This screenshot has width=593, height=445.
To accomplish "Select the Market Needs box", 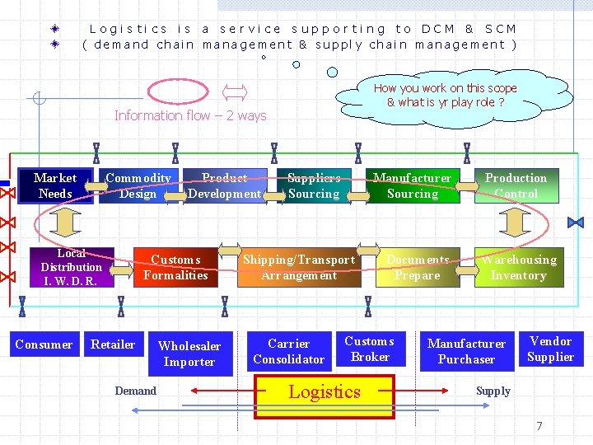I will [55, 185].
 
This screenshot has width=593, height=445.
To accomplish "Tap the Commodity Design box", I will [138, 185].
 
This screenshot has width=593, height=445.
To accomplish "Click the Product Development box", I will [224, 185].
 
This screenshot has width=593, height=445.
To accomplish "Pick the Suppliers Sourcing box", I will [314, 185].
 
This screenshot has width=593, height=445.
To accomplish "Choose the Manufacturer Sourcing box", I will [413, 185].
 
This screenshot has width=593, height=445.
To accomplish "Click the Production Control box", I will [516, 185].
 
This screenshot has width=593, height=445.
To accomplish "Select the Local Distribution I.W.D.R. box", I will [72, 267].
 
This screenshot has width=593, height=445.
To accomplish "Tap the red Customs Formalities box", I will [175, 267].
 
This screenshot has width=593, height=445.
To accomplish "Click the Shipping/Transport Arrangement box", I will [299, 267].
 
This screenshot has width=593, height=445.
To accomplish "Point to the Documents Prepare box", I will [418, 267].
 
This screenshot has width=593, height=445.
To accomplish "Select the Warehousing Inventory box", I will [519, 267].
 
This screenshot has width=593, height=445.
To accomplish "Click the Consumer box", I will [44, 344].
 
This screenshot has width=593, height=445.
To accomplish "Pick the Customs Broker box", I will [370, 349].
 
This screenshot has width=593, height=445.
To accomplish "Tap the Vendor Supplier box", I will [550, 349].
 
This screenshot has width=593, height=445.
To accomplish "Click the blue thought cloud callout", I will [445, 96].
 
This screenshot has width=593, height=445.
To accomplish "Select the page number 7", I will [539, 426].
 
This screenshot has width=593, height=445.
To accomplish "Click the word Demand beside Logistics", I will [136, 391].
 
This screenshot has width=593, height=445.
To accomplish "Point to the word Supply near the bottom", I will [493, 391].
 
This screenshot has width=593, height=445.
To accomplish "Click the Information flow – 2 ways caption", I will [190, 115].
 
